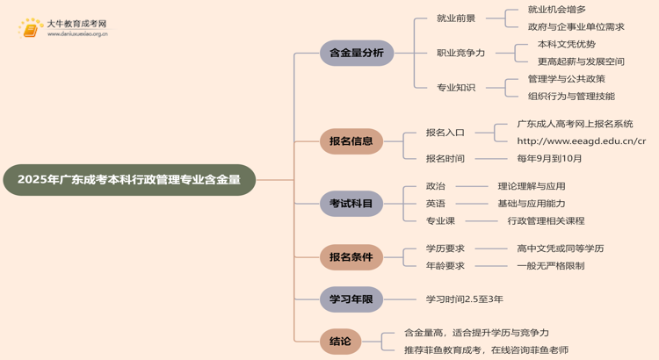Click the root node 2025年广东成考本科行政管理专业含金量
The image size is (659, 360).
click(128, 180)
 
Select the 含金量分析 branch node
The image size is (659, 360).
click(356, 53)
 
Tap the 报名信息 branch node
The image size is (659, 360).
click(351, 140)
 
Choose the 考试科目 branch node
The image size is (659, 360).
click(351, 204)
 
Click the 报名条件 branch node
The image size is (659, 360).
click(351, 257)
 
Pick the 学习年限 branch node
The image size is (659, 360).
click(351, 299)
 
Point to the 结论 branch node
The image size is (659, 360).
click(340, 342)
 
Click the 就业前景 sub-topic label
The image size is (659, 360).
click(456, 18)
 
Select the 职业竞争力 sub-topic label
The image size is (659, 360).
click(460, 53)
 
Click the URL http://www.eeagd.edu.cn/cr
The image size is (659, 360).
click(581, 140)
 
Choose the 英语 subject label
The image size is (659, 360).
click(436, 204)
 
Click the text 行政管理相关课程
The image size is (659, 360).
click(546, 221)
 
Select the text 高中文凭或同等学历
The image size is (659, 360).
click(560, 248)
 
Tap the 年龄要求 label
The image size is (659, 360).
click(445, 266)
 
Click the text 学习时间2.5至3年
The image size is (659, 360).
click(464, 299)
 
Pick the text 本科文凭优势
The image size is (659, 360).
click(566, 44)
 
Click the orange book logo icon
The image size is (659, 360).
click(32, 29)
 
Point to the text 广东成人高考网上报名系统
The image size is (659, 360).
click(575, 124)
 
